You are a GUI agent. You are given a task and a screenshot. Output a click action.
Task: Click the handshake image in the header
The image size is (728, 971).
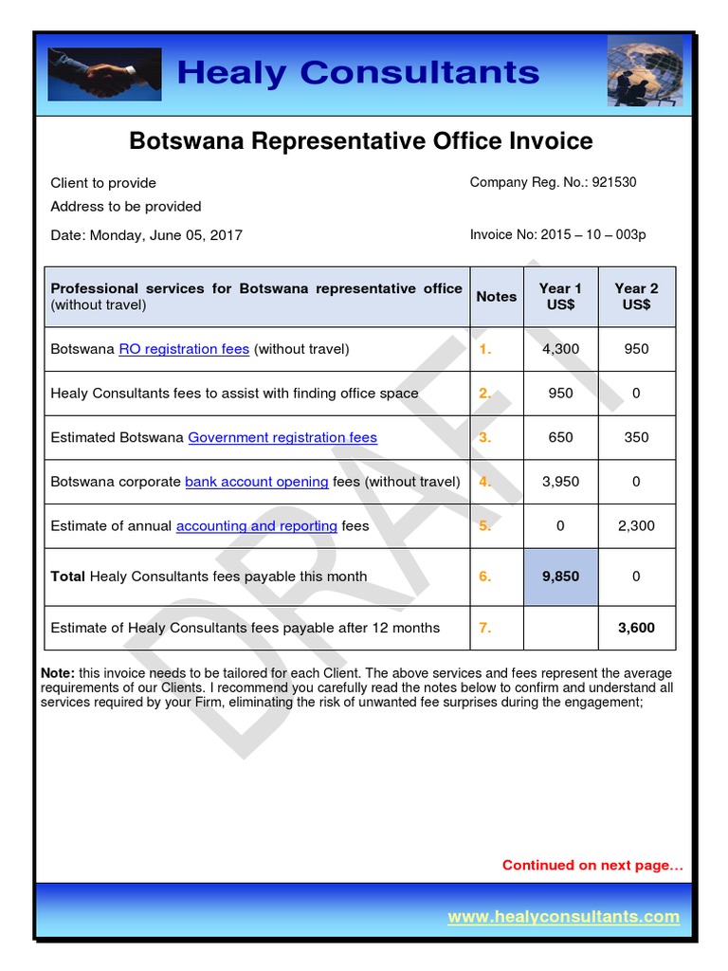[x=104, y=74]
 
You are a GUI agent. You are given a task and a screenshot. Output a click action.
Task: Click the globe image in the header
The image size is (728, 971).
[x=644, y=71]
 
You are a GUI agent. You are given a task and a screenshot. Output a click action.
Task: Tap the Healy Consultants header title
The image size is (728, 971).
[x=357, y=72]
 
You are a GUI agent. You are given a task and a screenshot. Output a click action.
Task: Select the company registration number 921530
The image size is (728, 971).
[x=614, y=182]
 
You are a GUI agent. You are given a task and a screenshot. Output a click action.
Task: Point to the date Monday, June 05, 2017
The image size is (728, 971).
[x=166, y=235]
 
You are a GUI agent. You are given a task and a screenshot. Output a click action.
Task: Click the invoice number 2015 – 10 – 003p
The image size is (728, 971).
[x=593, y=235]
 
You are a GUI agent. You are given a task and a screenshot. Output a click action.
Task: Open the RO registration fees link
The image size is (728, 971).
[x=184, y=349]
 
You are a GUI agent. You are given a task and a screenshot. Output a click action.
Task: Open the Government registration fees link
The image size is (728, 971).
[x=282, y=437]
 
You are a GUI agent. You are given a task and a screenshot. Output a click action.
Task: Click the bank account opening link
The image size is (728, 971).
[x=256, y=482]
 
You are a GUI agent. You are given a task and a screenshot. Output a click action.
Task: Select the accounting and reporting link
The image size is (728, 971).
[x=257, y=525]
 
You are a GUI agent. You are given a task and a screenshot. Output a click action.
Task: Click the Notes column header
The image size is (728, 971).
[x=497, y=297]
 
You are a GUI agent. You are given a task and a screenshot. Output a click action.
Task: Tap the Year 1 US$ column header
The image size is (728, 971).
[x=560, y=296]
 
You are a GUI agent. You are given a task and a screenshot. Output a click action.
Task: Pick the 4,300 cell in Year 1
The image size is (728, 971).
[x=560, y=349]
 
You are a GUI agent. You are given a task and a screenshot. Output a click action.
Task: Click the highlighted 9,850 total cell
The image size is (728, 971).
[x=560, y=577]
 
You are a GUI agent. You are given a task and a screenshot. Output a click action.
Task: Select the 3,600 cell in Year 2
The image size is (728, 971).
[x=636, y=628]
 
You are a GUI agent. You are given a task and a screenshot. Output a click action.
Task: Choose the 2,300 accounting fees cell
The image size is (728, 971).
[x=636, y=525]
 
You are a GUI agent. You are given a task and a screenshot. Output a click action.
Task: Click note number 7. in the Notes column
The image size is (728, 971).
[x=485, y=628]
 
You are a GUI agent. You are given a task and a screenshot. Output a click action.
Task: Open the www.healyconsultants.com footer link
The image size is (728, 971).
[x=563, y=916]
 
